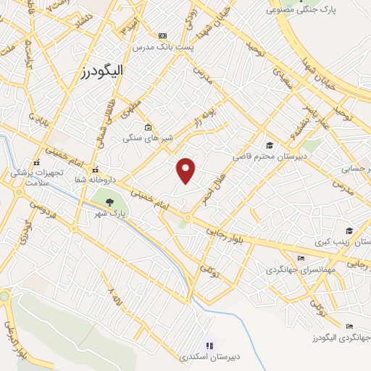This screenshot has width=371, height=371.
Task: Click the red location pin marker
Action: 187,170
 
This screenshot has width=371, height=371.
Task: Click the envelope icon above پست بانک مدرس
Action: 162,36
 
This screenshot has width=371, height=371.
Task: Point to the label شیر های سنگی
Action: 141,138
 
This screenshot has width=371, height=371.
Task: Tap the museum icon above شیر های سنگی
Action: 148,127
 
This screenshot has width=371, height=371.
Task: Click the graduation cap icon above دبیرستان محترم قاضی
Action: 270,145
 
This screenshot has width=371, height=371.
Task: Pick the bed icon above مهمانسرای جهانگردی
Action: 301,259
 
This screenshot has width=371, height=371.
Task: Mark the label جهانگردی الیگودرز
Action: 341,338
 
